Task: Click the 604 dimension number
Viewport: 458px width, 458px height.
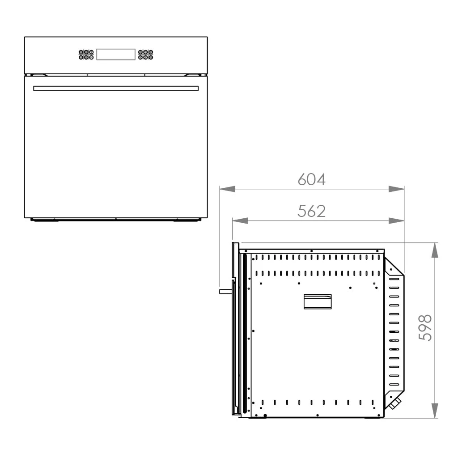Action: tap(311, 179)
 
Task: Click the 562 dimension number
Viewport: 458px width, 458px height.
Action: tap(311, 211)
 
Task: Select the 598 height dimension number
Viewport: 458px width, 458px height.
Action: tap(425, 327)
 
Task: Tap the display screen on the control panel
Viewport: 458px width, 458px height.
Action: tap(116, 54)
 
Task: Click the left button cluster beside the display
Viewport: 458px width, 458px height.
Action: tap(86, 55)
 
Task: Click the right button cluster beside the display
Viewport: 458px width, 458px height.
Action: tap(145, 55)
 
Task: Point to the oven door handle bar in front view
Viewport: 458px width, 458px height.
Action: tap(116, 88)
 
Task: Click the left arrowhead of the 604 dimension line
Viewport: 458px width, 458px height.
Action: tap(227, 189)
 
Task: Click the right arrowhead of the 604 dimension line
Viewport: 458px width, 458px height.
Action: tap(396, 189)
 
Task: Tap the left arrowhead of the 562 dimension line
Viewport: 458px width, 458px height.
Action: tap(240, 221)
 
